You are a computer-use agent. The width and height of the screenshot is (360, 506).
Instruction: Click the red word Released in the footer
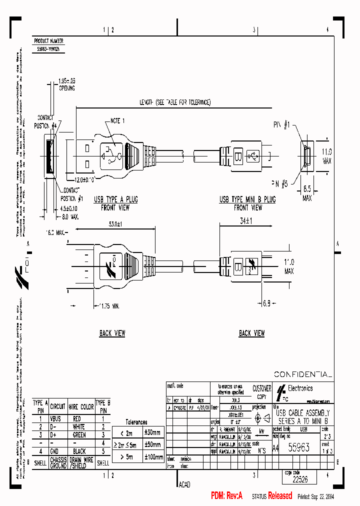(280, 496)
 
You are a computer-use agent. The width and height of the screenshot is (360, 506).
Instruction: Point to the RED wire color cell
(77, 418)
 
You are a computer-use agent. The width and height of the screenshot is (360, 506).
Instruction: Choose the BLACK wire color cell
(77, 451)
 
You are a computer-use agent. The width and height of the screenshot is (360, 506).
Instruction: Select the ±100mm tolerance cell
(152, 457)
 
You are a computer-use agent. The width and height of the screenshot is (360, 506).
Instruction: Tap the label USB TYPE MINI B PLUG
(247, 199)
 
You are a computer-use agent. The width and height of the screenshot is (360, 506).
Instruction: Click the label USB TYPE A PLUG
(116, 199)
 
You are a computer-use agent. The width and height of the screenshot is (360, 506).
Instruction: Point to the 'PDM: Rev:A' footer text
(226, 496)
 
